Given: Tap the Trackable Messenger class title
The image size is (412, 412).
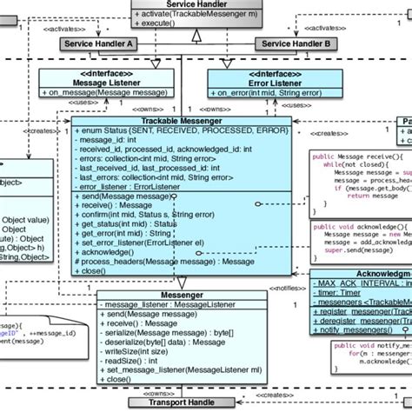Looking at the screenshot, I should (x=181, y=120).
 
